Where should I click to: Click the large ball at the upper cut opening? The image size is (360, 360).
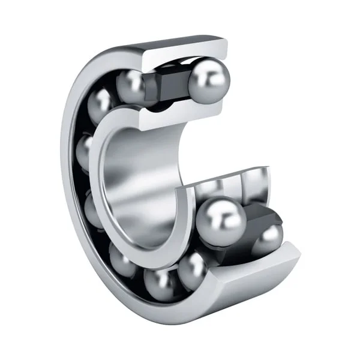pos(208,79)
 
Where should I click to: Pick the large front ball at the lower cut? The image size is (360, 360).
pos(220,221)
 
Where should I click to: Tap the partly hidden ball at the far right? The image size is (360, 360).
pos(268,239)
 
